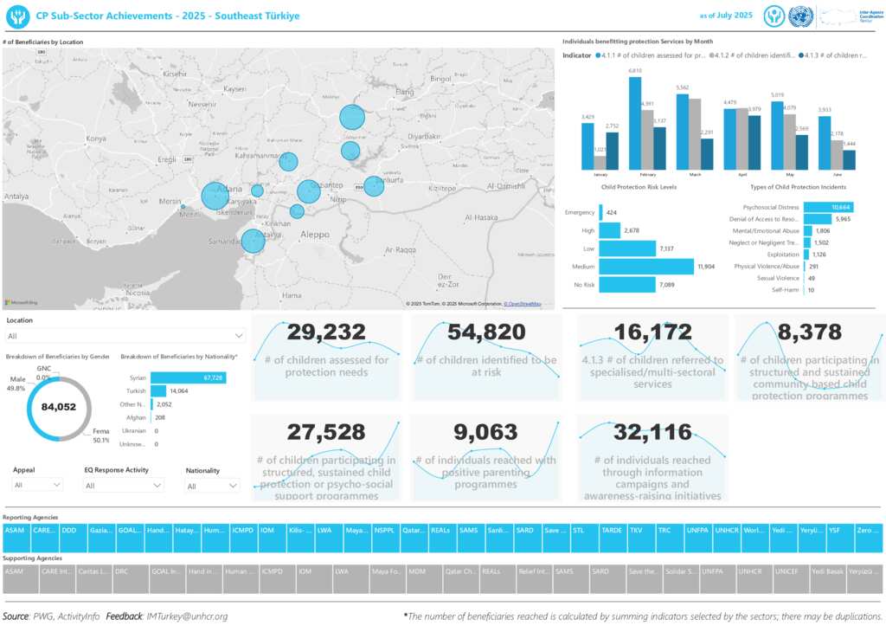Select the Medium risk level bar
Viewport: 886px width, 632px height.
pyautogui.click(x=646, y=267)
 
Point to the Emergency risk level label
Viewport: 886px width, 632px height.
pyautogui.click(x=580, y=212)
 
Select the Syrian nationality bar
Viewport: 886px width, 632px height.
pyautogui.click(x=188, y=377)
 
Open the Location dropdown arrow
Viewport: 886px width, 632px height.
pyautogui.click(x=239, y=335)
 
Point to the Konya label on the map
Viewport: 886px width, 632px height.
pyautogui.click(x=96, y=139)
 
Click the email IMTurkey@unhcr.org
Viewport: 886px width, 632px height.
pyautogui.click(x=187, y=616)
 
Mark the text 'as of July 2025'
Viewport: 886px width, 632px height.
pyautogui.click(x=725, y=16)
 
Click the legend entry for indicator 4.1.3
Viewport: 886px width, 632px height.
pyautogui.click(x=832, y=55)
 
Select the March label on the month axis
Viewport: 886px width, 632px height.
pyautogui.click(x=695, y=174)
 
